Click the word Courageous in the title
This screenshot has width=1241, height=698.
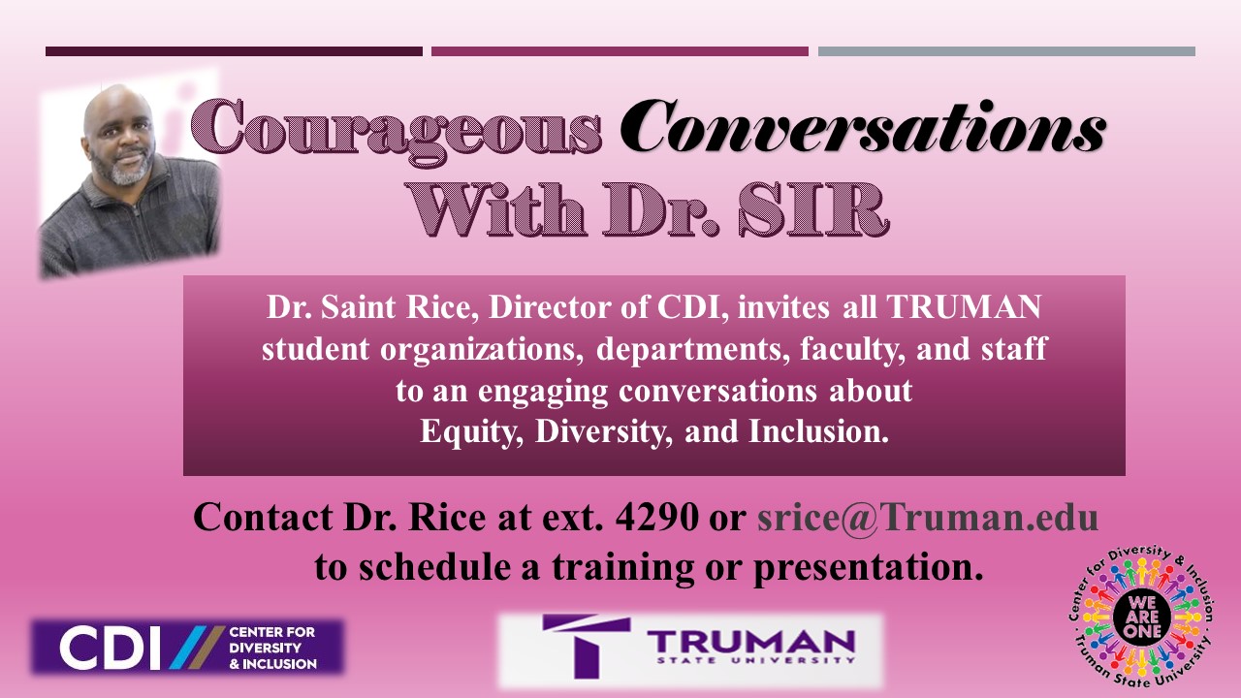(x=397, y=128)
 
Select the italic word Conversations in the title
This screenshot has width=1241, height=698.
(x=866, y=128)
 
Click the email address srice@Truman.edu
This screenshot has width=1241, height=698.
(x=927, y=517)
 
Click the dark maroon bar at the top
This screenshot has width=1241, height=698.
(x=234, y=51)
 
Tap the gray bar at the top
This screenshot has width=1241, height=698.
(x=1006, y=51)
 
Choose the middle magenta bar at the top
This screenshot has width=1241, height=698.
(x=620, y=51)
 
